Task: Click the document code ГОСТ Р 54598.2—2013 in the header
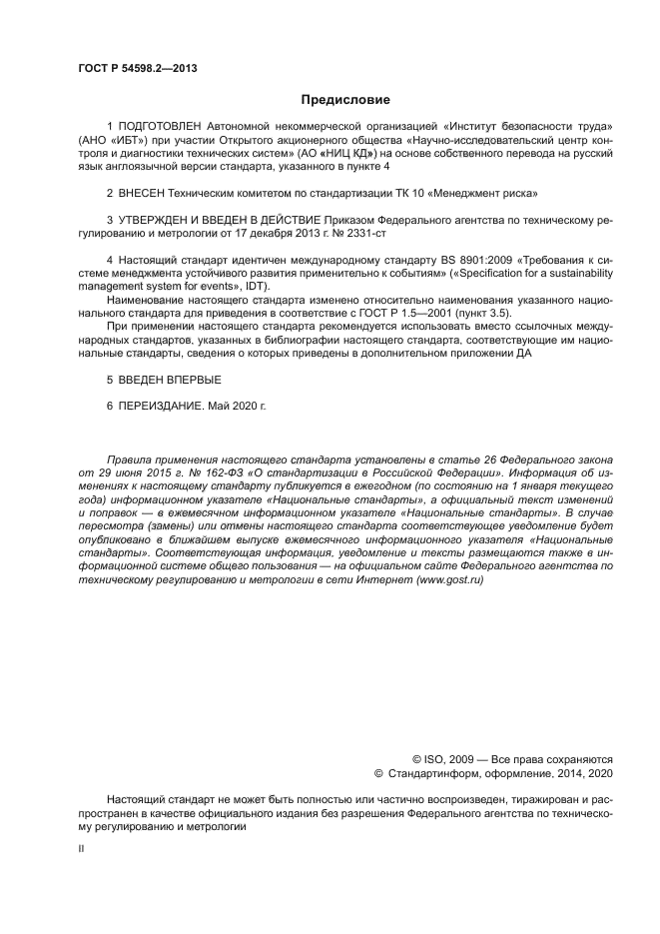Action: click(137, 69)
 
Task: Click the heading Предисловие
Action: click(345, 100)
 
